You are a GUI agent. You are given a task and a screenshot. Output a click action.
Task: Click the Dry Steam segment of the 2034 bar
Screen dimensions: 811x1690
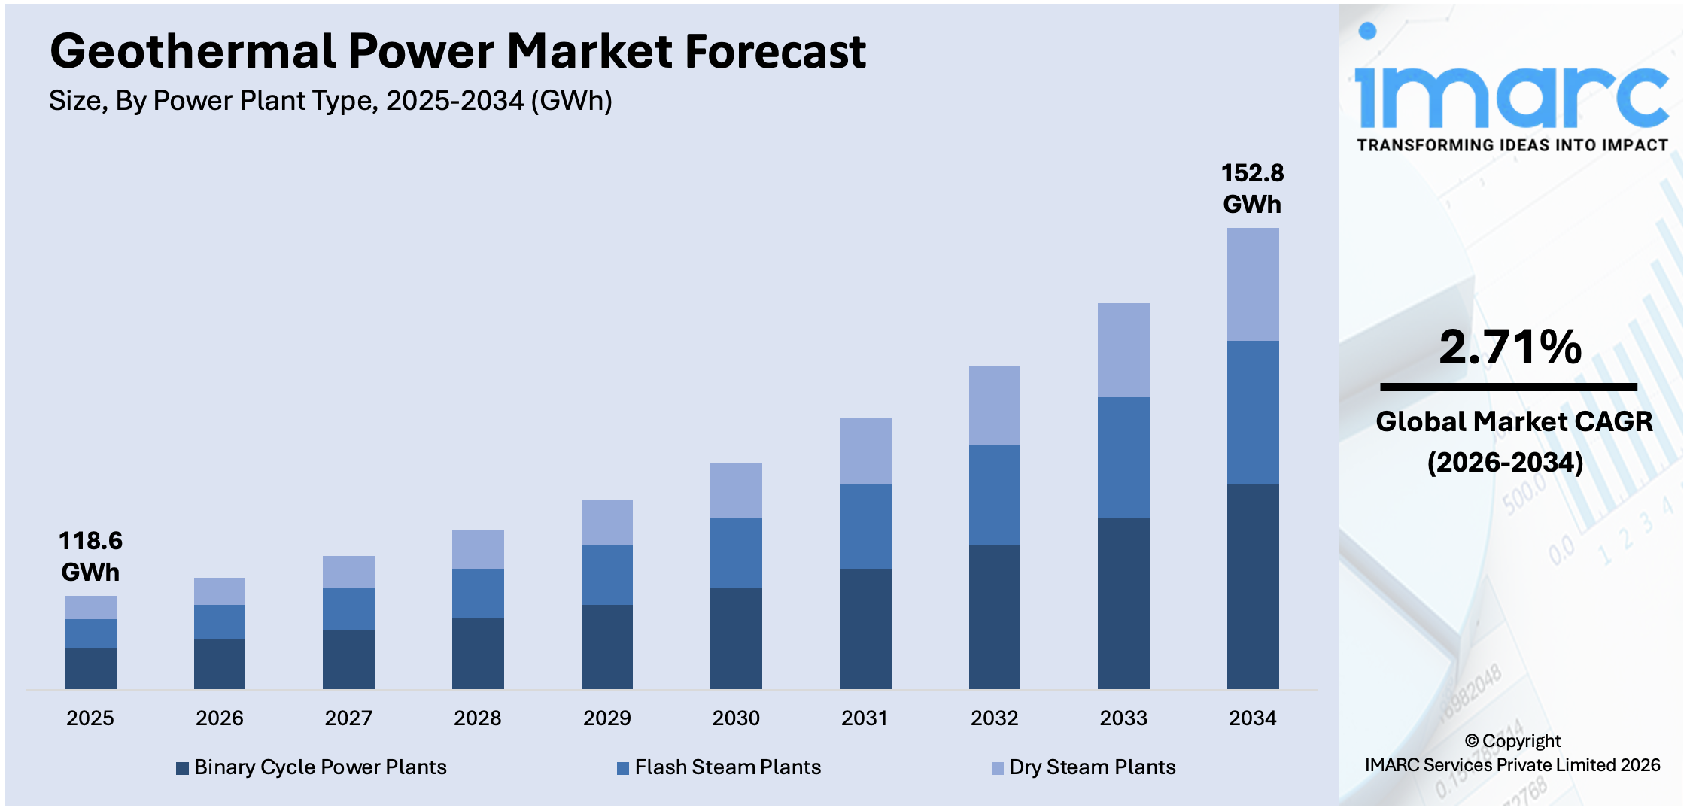pyautogui.click(x=1252, y=284)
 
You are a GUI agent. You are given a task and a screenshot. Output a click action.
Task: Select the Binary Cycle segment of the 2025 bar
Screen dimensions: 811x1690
pyautogui.click(x=90, y=668)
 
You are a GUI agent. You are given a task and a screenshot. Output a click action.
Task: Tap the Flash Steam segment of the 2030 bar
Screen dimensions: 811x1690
pyautogui.click(x=736, y=552)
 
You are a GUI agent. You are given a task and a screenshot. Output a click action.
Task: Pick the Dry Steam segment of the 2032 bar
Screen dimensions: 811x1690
pyautogui.click(x=994, y=405)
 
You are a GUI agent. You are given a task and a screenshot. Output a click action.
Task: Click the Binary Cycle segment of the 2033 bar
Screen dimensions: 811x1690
pyautogui.click(x=1123, y=603)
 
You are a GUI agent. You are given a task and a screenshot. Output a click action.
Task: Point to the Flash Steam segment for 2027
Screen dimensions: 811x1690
pyautogui.click(x=348, y=609)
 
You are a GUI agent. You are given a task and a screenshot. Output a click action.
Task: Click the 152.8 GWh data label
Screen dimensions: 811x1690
pyautogui.click(x=1252, y=188)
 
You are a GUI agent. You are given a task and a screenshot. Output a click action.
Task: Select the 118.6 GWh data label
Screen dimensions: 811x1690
pyautogui.click(x=90, y=556)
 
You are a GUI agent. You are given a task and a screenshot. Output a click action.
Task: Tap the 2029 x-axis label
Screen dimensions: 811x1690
pyautogui.click(x=606, y=718)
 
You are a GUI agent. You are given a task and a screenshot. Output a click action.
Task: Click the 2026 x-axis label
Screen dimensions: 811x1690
pyautogui.click(x=219, y=718)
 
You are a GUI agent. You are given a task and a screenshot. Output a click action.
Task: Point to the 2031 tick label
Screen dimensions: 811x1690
pyautogui.click(x=865, y=718)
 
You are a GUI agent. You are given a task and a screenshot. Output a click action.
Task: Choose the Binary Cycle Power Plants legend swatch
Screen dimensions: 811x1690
pyautogui.click(x=182, y=768)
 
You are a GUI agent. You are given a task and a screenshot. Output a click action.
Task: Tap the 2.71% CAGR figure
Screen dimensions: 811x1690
pyautogui.click(x=1509, y=347)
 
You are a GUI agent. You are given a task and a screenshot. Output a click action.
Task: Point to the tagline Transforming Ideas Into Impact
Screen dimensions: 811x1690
pyautogui.click(x=1512, y=145)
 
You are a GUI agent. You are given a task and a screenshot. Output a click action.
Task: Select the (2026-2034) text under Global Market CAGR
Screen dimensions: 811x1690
pyautogui.click(x=1505, y=462)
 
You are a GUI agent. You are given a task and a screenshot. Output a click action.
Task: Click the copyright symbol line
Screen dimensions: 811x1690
pyautogui.click(x=1512, y=741)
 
